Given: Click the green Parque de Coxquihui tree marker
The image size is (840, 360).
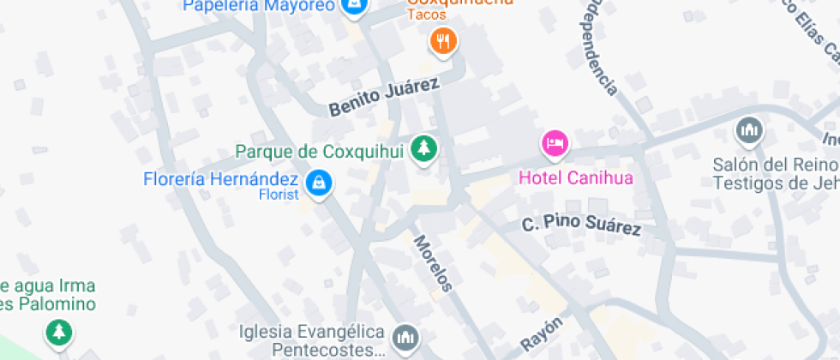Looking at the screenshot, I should tap(423, 149).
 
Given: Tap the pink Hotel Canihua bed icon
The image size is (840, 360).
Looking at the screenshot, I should tap(555, 142).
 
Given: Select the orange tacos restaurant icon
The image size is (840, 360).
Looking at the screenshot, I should tap(442, 39).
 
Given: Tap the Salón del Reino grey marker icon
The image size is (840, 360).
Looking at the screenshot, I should tap(749, 131).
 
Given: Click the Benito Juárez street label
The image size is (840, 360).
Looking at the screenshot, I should tap(384, 96).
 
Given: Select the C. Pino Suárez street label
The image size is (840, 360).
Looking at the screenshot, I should tap(582, 226).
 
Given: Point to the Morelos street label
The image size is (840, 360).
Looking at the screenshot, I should tap(432, 263).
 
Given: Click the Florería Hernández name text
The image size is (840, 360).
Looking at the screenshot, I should tap(220, 180).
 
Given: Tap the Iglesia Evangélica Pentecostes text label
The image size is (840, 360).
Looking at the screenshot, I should tap(311, 340).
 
